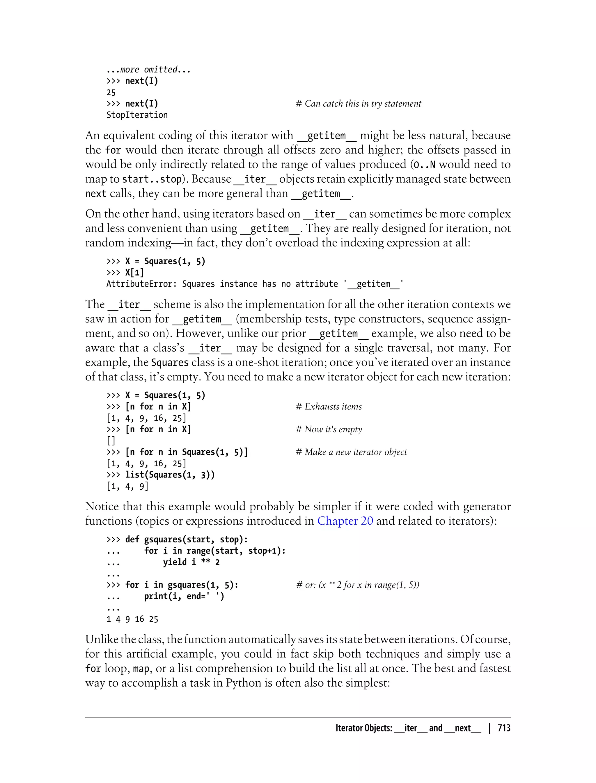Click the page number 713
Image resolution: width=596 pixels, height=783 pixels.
(504, 728)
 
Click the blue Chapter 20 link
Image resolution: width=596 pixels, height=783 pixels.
(345, 521)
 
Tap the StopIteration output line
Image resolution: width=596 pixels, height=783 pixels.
(137, 115)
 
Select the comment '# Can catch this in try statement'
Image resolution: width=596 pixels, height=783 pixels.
(358, 104)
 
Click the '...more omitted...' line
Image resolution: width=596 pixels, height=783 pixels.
(149, 70)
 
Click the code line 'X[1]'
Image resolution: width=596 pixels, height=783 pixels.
(134, 273)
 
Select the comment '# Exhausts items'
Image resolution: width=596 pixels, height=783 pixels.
(329, 407)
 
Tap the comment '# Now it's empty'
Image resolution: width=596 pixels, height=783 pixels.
(329, 429)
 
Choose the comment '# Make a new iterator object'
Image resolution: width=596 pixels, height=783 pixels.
(351, 452)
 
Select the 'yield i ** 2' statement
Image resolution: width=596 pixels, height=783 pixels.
(191, 562)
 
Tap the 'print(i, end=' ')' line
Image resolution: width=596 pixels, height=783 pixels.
(184, 596)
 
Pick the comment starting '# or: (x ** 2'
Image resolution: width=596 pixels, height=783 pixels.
(358, 585)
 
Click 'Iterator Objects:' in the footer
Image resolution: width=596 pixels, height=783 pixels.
(364, 728)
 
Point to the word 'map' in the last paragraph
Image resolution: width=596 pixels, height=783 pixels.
(141, 669)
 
